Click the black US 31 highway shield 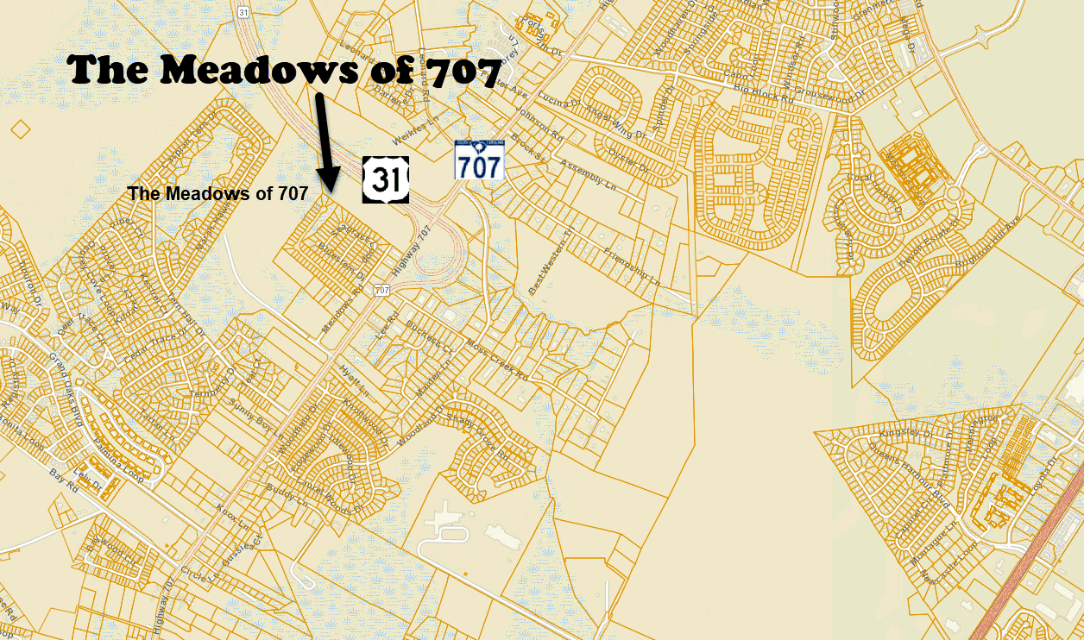[385, 179]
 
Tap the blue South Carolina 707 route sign [479, 160]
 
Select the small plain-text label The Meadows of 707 [217, 194]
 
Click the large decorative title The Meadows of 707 [285, 70]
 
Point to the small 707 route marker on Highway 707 [381, 291]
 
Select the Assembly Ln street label [589, 176]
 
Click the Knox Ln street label [233, 518]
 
